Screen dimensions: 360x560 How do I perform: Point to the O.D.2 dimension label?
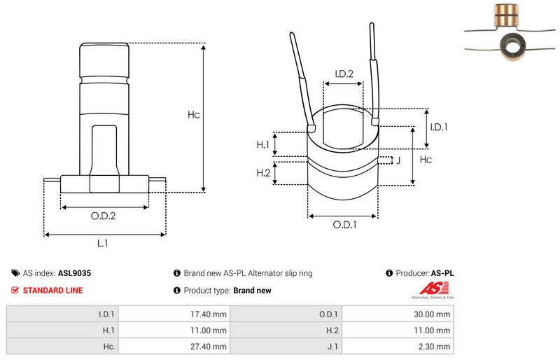point(103,216)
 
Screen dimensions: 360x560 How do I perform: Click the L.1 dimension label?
point(103,243)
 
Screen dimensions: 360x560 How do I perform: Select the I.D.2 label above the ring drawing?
point(343,74)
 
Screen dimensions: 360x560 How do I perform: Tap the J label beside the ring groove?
point(398,160)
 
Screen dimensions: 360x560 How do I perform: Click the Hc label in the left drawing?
point(194,115)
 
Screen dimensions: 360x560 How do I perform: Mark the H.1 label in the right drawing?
point(263,144)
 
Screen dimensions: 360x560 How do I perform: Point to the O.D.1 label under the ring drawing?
point(344,225)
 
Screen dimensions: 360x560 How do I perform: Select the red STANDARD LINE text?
point(53,290)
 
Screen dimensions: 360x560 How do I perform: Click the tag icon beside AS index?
point(15,274)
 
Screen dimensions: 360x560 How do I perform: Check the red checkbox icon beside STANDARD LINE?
point(15,290)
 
